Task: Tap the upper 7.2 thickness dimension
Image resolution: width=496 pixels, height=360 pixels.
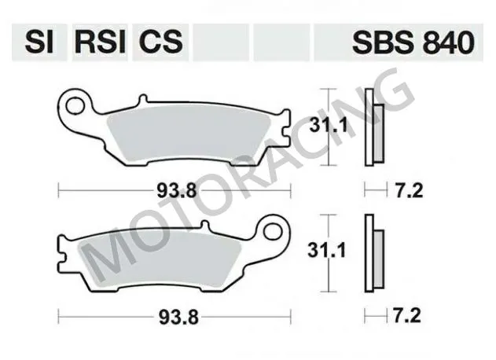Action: tap(403, 189)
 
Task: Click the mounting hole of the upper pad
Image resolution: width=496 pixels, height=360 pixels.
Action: tap(76, 102)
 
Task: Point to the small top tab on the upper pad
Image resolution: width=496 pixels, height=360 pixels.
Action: tap(142, 100)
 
